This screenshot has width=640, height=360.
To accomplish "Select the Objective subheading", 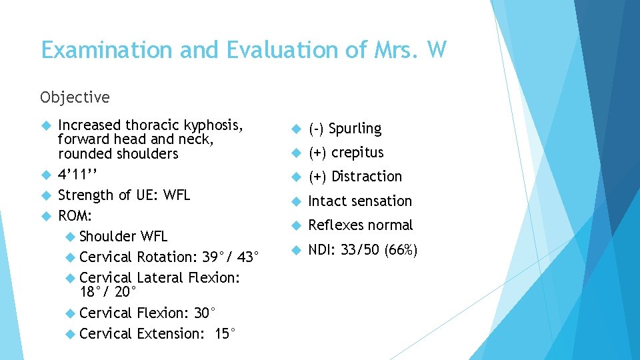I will point(75,97).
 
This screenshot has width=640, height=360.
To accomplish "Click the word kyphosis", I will point(210,125).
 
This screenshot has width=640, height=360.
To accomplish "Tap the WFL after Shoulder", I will point(154,237).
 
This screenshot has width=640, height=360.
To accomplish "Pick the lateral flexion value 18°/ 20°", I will point(107,292).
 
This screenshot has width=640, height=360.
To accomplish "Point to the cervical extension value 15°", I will point(225,334).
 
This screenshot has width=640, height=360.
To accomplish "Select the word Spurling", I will point(356,129).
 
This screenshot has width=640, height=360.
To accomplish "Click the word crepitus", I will point(357,153).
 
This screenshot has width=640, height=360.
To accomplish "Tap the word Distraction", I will point(367,177).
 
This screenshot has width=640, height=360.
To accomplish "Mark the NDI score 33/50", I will point(361,250).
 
